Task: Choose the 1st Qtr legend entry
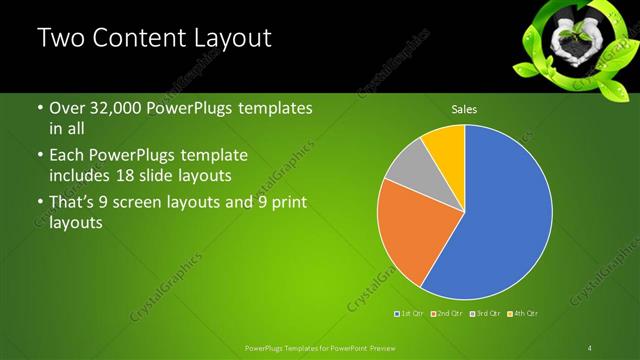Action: coord(411,313)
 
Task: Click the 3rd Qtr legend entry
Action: coord(484,313)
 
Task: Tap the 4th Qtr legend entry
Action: coord(523,313)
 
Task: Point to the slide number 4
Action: coord(590,347)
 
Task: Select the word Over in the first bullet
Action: coord(68,108)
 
